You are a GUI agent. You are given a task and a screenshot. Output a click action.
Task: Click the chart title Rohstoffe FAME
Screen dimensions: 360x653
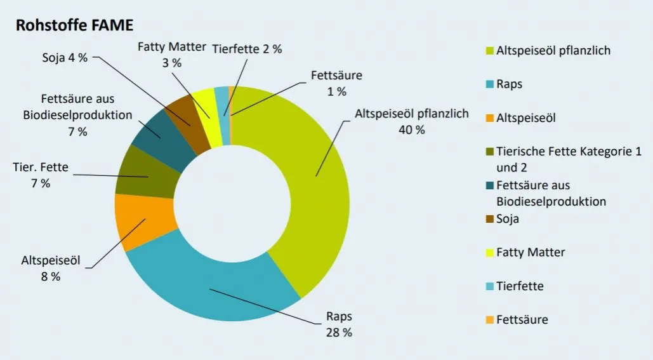click(x=74, y=25)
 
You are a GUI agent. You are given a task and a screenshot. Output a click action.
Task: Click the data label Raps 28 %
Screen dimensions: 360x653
click(x=339, y=324)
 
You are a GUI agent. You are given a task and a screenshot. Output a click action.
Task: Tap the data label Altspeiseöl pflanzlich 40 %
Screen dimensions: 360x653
click(x=411, y=121)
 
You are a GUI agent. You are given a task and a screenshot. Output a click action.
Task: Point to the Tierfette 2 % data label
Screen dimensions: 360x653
click(x=247, y=50)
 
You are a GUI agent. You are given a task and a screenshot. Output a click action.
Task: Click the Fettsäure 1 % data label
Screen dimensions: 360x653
click(x=336, y=83)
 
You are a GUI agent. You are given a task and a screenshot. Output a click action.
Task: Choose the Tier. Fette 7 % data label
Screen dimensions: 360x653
click(x=40, y=176)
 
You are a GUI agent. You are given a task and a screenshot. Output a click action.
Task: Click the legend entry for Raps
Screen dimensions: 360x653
click(x=509, y=83)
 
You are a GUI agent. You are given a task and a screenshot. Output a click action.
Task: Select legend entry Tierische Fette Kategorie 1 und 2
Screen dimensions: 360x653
click(x=541, y=159)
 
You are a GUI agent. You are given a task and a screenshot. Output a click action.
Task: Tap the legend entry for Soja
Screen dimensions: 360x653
click(x=508, y=219)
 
